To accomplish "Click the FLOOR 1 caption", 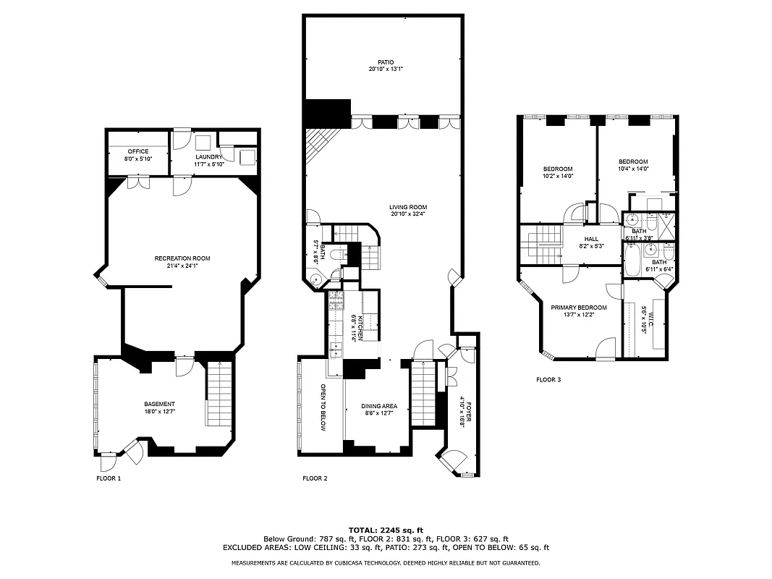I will pyautogui.click(x=109, y=478).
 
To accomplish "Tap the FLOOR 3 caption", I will pyautogui.click(x=548, y=379).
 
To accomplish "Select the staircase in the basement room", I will pyautogui.click(x=219, y=394).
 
